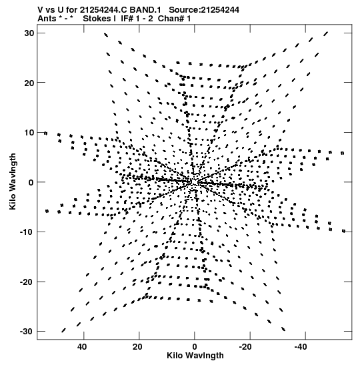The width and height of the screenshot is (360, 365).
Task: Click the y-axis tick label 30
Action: pos(29,33)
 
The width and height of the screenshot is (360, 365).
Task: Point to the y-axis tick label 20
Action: pos(29,83)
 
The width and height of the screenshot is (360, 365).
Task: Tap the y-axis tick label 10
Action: pos(29,132)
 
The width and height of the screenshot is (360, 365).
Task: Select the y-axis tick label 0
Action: pos(31,182)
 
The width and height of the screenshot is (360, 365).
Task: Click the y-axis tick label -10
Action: pos(27,232)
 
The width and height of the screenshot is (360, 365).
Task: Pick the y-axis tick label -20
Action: pos(27,282)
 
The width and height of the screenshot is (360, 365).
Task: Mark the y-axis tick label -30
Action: pos(27,332)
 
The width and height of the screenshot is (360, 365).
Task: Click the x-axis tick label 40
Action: pos(82,347)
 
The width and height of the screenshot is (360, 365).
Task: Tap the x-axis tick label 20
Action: pos(137,347)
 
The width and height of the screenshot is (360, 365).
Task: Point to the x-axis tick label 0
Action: pos(195,347)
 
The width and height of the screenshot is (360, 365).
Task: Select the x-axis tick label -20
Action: pos(245,347)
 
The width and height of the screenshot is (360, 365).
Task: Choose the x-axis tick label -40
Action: pos(301,347)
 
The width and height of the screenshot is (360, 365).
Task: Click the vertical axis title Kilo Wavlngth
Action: pos(13,181)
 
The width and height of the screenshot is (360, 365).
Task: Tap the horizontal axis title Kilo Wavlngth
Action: pos(195,356)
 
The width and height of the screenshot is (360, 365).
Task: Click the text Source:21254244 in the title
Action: pos(204,10)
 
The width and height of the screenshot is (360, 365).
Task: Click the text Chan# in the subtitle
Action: pos(171,19)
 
